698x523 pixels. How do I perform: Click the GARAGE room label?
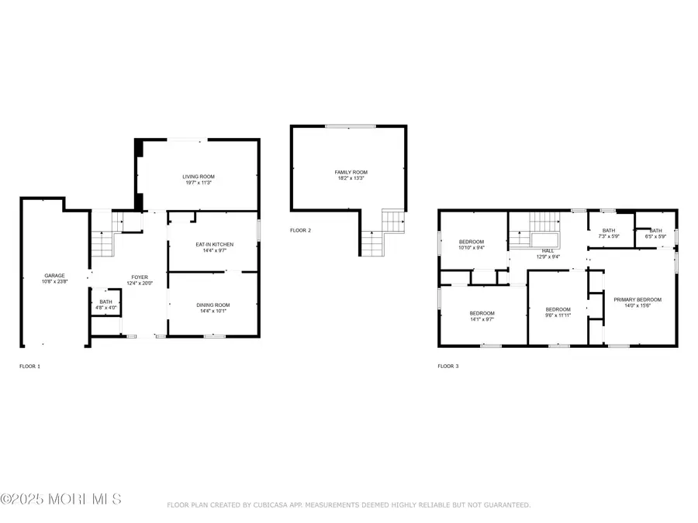(x=54, y=275)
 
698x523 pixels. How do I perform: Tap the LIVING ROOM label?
(x=198, y=177)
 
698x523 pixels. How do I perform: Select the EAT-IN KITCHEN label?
(x=214, y=245)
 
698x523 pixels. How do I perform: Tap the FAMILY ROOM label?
(x=351, y=172)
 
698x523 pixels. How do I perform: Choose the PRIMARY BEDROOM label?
(x=637, y=299)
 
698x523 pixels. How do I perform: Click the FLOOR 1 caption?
(x=29, y=366)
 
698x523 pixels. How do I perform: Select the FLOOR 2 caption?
(x=300, y=230)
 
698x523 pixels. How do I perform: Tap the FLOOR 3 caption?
(x=447, y=366)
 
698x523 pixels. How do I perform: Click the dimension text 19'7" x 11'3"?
(x=198, y=183)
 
